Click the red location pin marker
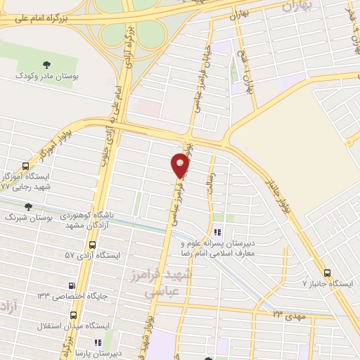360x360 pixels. tap(181, 166)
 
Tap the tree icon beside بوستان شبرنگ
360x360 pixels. tap(29, 207)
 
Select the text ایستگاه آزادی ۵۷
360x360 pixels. tap(91, 255)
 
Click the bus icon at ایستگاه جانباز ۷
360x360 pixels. tap(327, 273)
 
